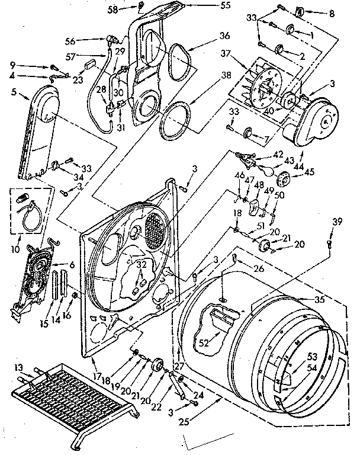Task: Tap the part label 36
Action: click(x=208, y=36)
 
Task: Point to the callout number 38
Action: click(x=208, y=76)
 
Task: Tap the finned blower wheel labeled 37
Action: click(x=263, y=92)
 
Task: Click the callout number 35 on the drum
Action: click(x=320, y=299)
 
